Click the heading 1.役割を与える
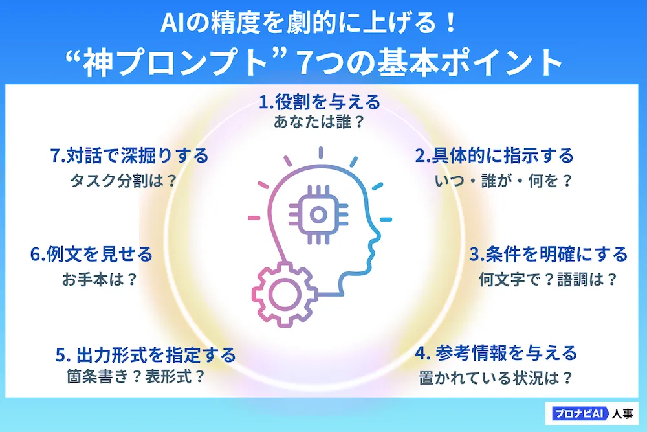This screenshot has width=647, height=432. pos(320,102)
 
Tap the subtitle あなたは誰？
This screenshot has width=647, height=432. pos(319,122)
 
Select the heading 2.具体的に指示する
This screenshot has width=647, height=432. pos(494,155)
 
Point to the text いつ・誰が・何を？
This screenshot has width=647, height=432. pos(503,181)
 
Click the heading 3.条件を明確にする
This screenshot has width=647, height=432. pos(549,254)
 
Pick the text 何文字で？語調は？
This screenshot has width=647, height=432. pos(548,279)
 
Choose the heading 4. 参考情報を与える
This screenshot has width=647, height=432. pos(496,353)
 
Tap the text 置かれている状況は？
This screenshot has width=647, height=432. pos(496,378)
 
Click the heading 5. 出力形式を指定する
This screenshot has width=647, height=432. pos(146,355)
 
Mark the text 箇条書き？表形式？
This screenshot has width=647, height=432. pos(136,376)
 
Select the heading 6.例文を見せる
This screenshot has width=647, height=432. pos(92,254)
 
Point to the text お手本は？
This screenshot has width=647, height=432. pos(100,279)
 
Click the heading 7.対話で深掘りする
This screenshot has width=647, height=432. pos(129,155)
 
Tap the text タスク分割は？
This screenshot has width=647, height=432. pos(124,181)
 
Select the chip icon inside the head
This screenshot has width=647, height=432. pos(318,214)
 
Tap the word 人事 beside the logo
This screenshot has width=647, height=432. pos(622,413)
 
